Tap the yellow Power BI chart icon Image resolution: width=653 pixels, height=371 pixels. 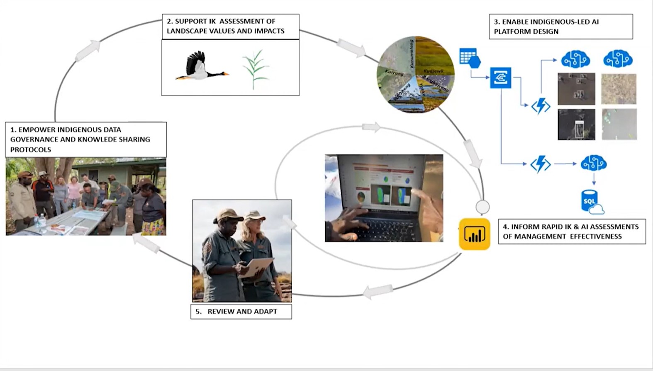[x=474, y=234]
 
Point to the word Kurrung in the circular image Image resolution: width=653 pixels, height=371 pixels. [x=394, y=73]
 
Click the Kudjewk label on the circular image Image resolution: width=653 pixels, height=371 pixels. [x=433, y=71]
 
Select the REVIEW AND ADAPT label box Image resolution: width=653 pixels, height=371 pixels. [x=241, y=312]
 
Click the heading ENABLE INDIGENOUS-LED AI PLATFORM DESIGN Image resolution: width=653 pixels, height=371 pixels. [x=560, y=27]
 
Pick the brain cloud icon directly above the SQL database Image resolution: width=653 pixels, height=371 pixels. [x=594, y=163]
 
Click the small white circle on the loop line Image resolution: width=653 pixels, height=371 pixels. [x=482, y=207]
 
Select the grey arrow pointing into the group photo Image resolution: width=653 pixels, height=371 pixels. [x=146, y=243]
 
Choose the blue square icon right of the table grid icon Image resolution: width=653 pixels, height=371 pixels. [x=500, y=78]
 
